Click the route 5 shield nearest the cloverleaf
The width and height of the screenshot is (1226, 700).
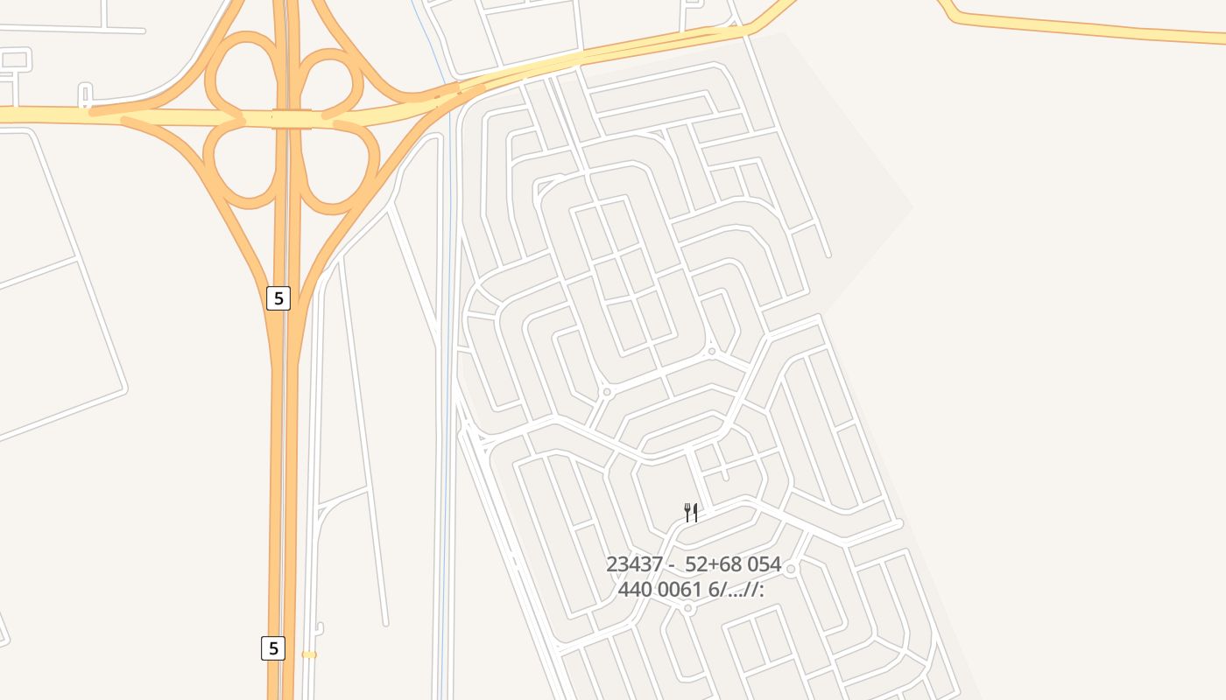(278, 298)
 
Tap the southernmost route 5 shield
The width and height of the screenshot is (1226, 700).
(273, 648)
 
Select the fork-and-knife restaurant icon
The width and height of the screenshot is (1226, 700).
(691, 513)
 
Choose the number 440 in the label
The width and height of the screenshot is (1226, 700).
(635, 590)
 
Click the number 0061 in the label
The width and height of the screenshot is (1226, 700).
(680, 590)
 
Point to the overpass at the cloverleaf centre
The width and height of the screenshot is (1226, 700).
(291, 119)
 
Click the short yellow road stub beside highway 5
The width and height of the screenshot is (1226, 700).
(309, 654)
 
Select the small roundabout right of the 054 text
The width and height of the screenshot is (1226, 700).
(791, 570)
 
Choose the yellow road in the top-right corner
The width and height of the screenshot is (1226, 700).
(1095, 29)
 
